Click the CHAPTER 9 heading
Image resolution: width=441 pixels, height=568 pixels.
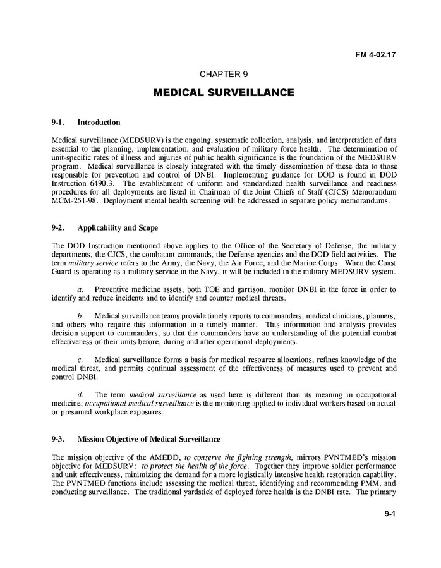pos(223,75)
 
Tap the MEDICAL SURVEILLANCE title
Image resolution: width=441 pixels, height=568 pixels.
pos(223,93)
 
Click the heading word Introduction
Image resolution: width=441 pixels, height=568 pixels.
pos(99,123)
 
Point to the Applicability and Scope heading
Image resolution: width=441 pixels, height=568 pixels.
pos(117,227)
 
